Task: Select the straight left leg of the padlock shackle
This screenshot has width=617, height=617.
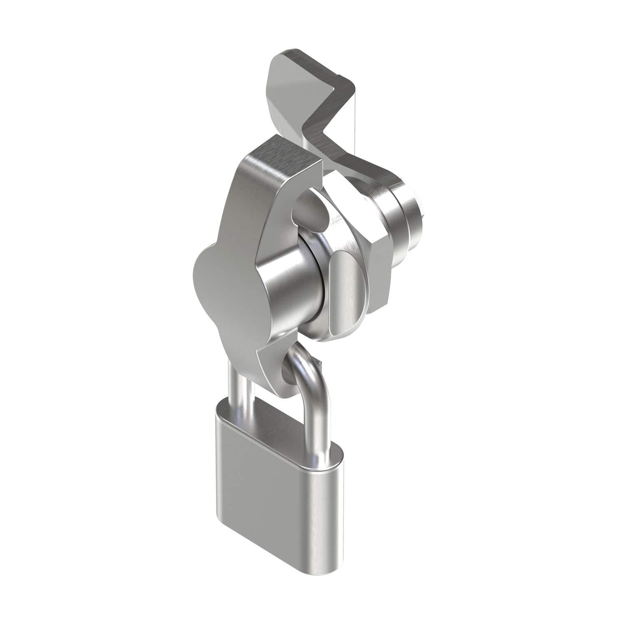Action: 238,391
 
